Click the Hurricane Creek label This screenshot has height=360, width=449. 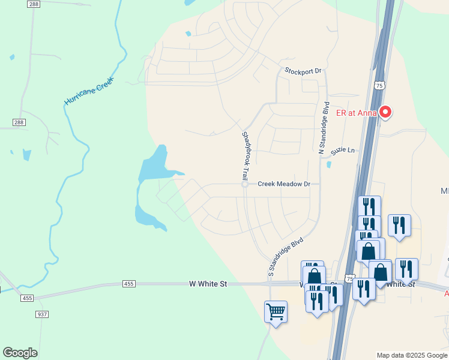coord(89,91)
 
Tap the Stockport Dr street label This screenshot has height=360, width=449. coord(303,71)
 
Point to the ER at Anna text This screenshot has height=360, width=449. coord(357,113)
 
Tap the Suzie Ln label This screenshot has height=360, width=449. coord(343,149)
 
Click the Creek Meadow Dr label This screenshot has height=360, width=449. coord(283,184)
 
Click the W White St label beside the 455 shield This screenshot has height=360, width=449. coord(208,283)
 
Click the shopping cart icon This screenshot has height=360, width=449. coord(276,311)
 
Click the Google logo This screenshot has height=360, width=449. coord(20,353)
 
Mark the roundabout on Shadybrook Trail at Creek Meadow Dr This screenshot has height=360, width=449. coord(245,184)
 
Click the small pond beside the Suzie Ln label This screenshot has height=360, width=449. coord(328,164)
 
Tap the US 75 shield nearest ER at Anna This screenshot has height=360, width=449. coord(379,86)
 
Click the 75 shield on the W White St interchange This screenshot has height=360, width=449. coord(351,279)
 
